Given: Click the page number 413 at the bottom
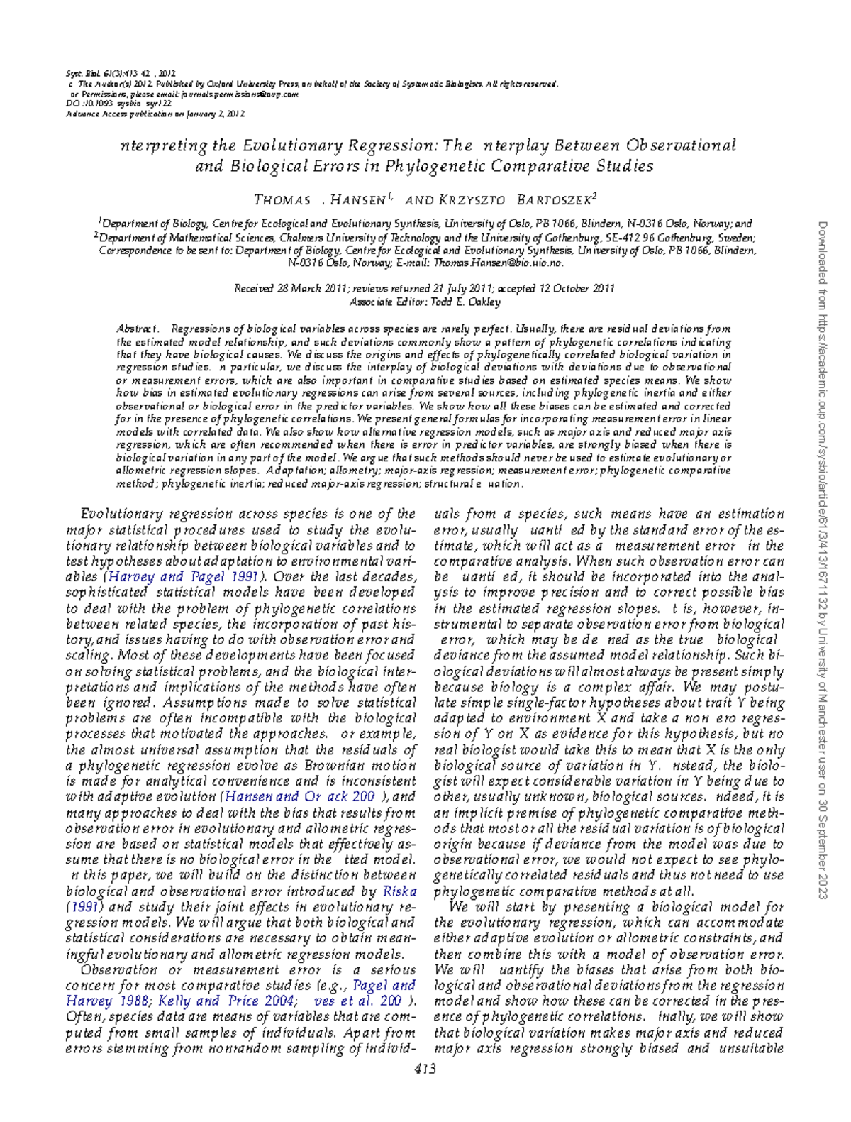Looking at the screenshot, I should pos(425,1069).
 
